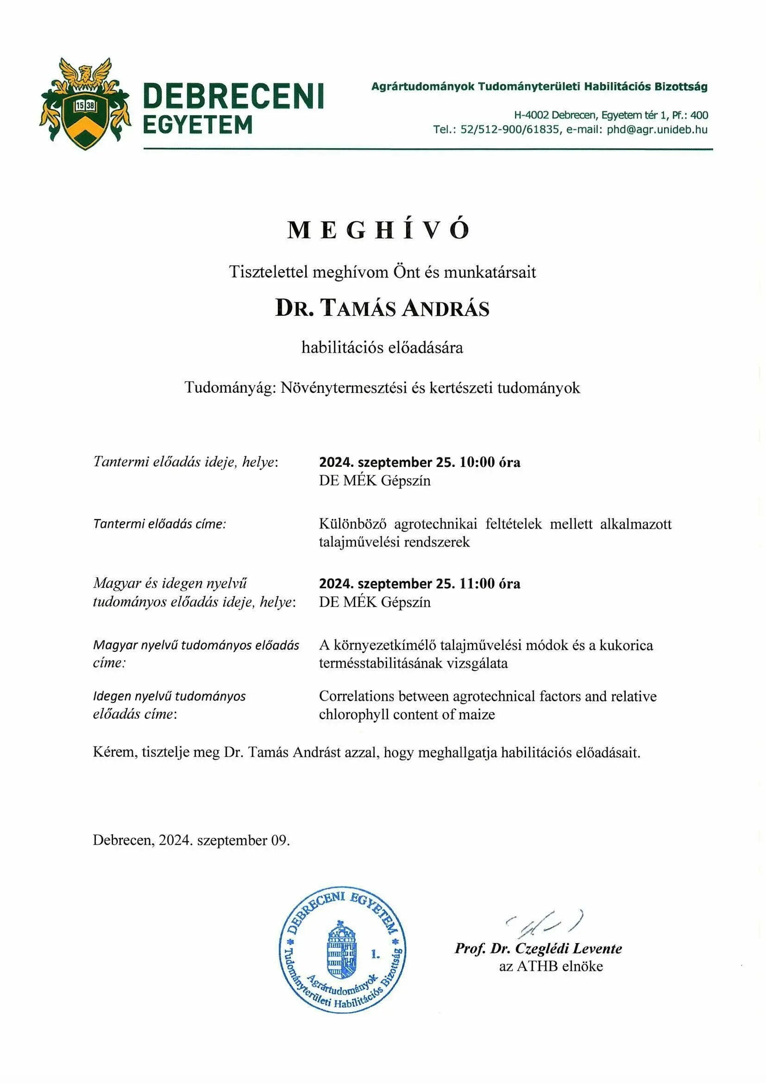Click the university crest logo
click(x=85, y=103)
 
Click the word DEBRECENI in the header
click(x=233, y=96)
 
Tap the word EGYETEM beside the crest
click(x=198, y=126)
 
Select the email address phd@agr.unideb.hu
click(x=657, y=130)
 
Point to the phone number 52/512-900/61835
click(x=509, y=130)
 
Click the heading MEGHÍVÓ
click(x=378, y=230)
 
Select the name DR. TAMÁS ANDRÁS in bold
click(x=383, y=309)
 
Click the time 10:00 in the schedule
click(x=477, y=462)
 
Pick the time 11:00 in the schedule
click(x=477, y=584)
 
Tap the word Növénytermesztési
click(x=344, y=388)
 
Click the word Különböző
click(x=352, y=524)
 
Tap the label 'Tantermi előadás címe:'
click(x=159, y=524)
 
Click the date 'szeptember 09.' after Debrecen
click(x=244, y=840)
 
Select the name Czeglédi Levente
click(x=568, y=948)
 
